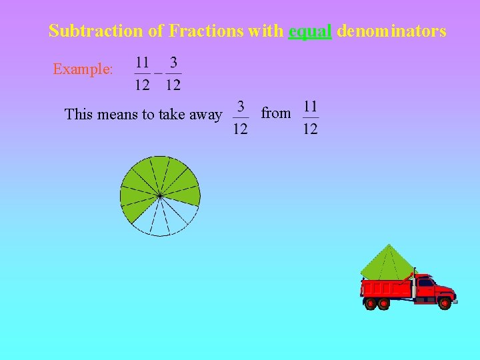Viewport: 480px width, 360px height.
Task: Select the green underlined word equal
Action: tap(310, 31)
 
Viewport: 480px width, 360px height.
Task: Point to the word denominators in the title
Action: tap(391, 31)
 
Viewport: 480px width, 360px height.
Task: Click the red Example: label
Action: tap(83, 69)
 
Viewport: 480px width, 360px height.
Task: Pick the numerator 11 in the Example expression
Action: tap(143, 63)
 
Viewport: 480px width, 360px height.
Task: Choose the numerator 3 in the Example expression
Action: tap(173, 63)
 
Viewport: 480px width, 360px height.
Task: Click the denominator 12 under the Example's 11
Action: tap(143, 85)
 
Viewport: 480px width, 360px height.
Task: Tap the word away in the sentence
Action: tap(206, 115)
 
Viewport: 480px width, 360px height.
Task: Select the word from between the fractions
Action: tap(276, 113)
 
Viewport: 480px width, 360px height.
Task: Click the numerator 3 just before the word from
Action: tap(241, 107)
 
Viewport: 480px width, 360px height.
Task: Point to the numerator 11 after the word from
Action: tap(310, 107)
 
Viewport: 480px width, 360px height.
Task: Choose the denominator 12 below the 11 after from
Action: tap(310, 128)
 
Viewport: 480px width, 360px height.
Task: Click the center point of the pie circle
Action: tap(160, 195)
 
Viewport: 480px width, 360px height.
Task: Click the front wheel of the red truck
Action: tap(445, 303)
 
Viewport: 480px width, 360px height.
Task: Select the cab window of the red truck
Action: tap(425, 283)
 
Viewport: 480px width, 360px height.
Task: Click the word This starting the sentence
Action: tap(79, 115)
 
